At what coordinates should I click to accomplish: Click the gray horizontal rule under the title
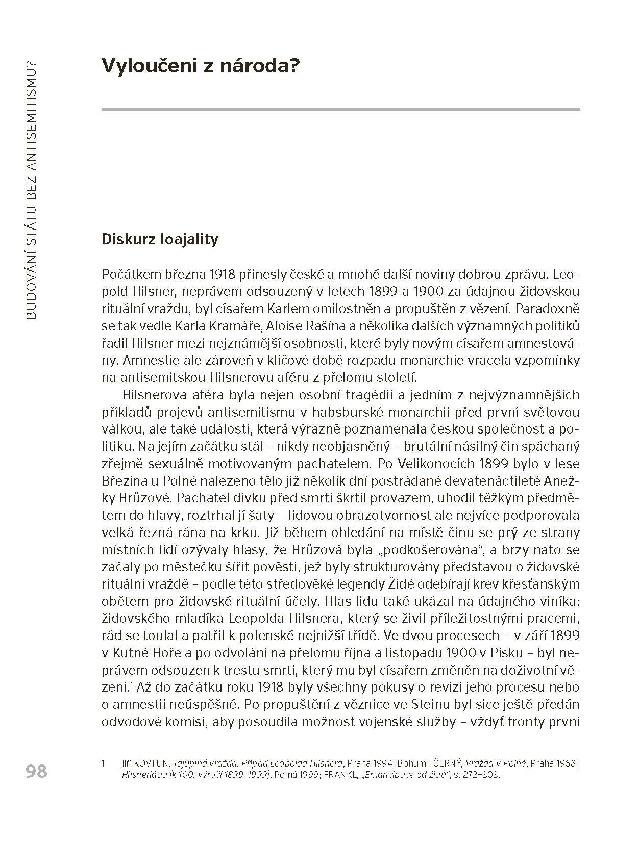340,109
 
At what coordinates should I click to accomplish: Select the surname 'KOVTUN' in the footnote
152,763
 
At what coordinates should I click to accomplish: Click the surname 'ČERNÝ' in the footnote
446,763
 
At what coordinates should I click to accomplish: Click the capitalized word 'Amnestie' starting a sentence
134,360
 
